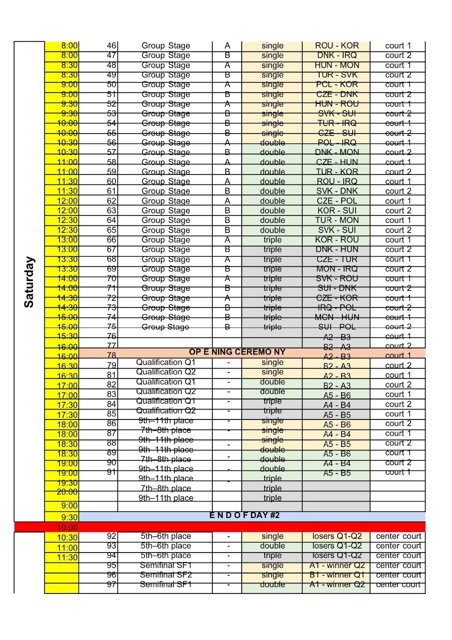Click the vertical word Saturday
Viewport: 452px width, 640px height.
29,282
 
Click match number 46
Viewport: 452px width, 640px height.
112,45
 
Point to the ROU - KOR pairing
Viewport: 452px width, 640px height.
337,45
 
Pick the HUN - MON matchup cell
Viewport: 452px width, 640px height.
337,65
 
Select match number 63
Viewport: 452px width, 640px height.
112,210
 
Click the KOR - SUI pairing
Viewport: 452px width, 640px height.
337,210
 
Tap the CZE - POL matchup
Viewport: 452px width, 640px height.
337,201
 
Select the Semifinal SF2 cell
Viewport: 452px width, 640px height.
166,575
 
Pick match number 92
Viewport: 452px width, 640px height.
112,536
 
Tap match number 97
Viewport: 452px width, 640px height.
112,584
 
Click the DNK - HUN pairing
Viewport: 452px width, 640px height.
337,249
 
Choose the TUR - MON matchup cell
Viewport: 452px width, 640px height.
337,220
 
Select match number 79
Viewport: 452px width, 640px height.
112,365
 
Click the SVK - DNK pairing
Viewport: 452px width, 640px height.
337,191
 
